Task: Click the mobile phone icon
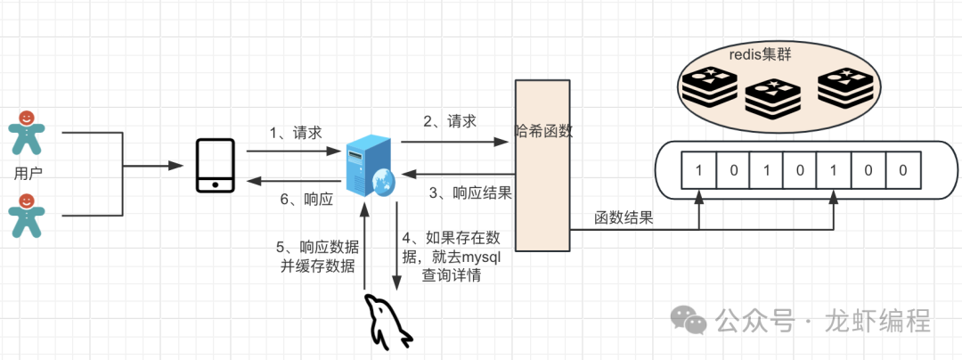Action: point(216,166)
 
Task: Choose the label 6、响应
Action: point(306,200)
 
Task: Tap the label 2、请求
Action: point(449,121)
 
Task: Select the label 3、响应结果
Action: point(469,192)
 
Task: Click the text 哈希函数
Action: point(543,131)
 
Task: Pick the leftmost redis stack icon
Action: point(707,88)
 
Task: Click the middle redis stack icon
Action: point(770,99)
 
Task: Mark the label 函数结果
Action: point(624,217)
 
